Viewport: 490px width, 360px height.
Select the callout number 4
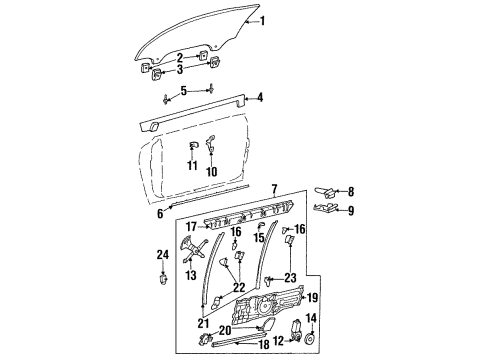pos(261,98)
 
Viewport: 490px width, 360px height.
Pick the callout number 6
pos(159,213)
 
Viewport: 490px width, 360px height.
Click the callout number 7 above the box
pos(273,189)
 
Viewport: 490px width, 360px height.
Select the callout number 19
pos(311,297)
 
